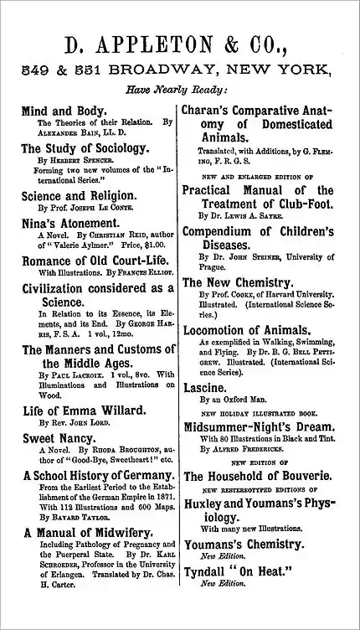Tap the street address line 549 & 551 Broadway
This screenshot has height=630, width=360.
point(180,70)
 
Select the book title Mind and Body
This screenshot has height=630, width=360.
point(64,111)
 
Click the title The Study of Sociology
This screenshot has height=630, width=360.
point(85,148)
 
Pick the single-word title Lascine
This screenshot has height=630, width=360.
point(205,388)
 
